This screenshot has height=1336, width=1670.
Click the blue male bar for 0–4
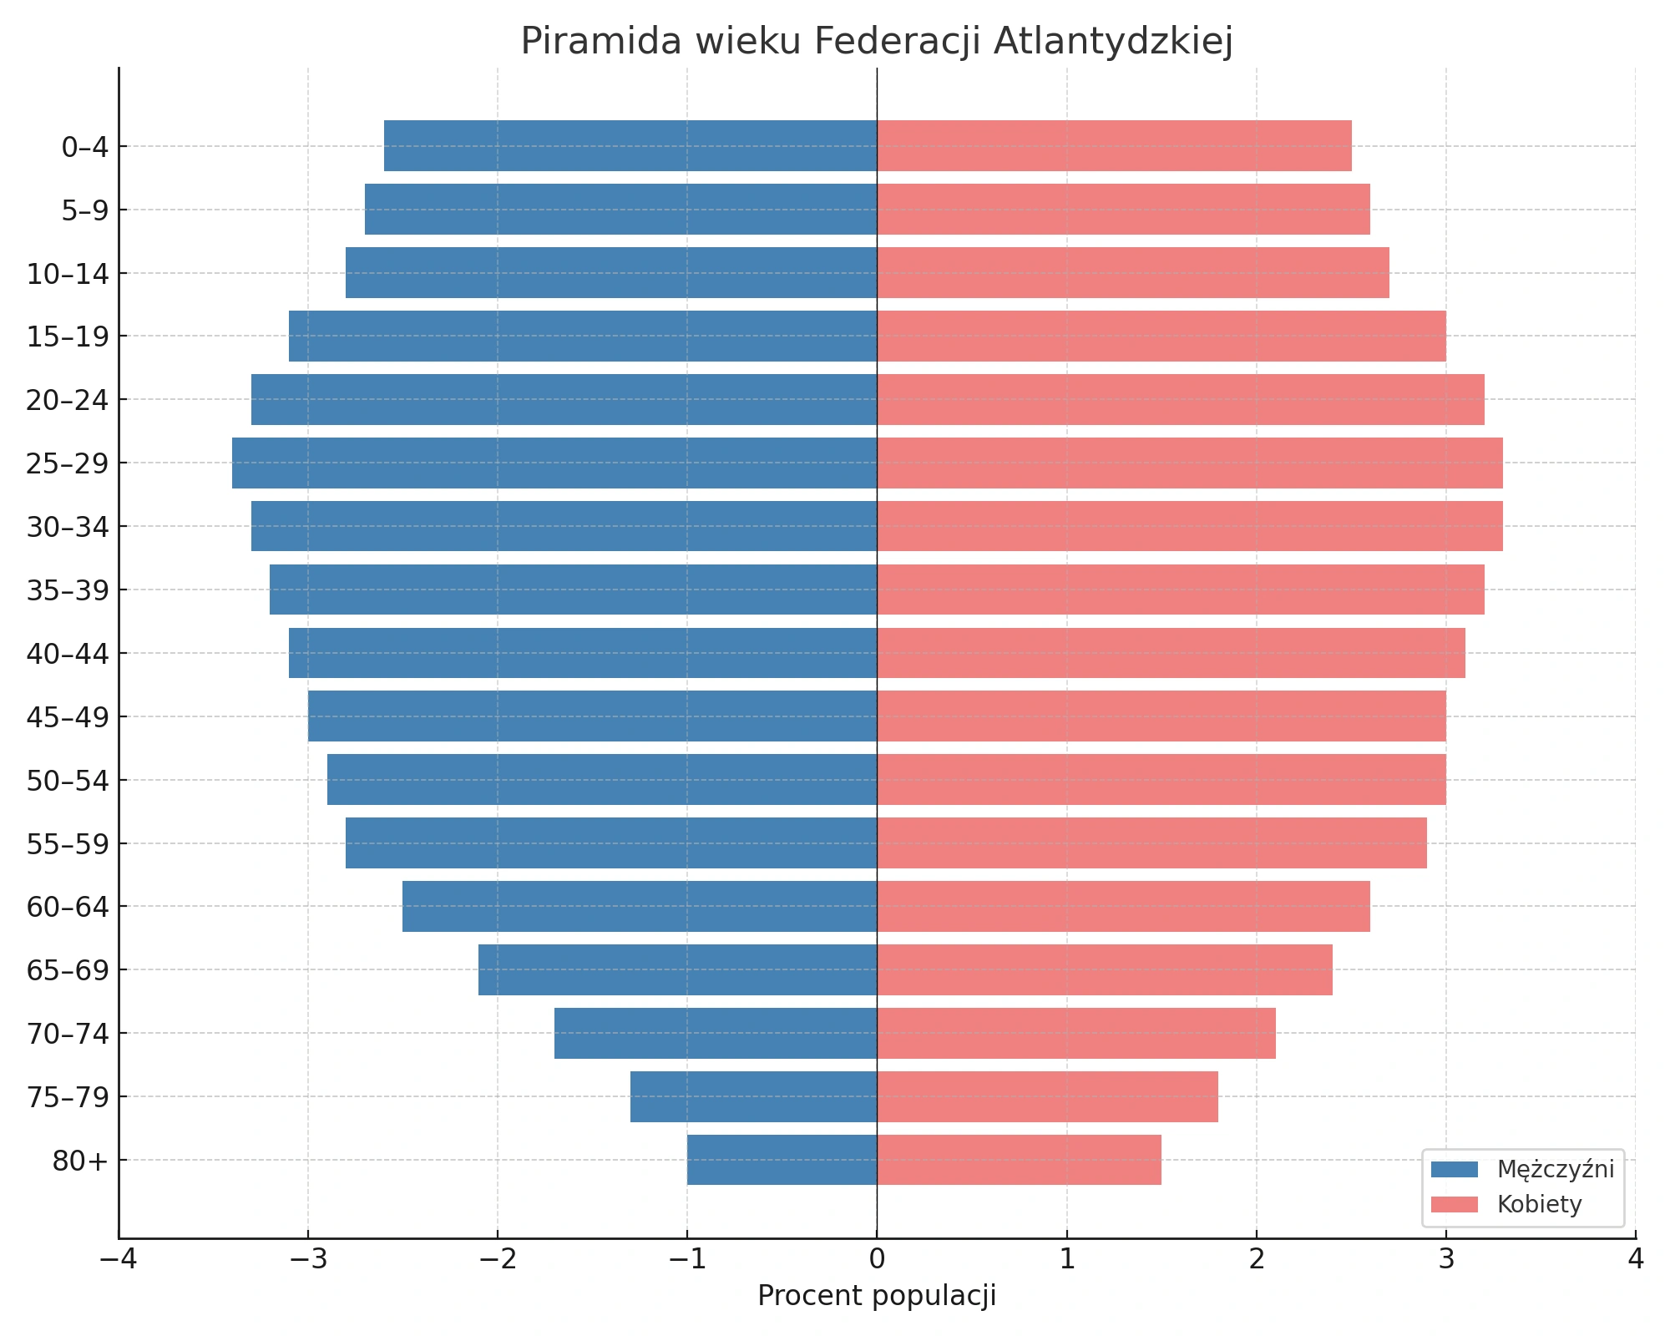(630, 146)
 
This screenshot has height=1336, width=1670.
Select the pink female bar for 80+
(1019, 1160)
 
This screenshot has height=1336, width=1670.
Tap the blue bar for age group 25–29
(554, 463)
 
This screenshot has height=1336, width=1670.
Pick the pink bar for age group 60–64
(1123, 906)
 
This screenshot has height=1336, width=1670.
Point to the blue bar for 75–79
(753, 1096)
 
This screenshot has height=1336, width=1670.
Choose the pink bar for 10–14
(1133, 273)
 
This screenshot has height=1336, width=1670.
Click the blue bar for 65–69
(677, 969)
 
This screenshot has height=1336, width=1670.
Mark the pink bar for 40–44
(1171, 653)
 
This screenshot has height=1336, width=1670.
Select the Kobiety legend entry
(1506, 1204)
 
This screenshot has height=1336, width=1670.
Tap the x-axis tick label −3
(308, 1259)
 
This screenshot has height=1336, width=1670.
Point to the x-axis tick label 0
(877, 1259)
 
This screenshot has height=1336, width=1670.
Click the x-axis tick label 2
(1257, 1259)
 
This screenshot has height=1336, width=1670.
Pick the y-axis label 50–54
(68, 781)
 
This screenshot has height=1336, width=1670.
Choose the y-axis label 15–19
(68, 337)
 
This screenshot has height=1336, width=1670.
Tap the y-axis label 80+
(80, 1161)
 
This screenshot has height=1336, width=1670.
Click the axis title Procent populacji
(877, 1296)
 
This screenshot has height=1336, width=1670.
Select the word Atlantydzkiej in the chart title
(1113, 42)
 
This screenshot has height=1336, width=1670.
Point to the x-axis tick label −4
(119, 1259)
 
